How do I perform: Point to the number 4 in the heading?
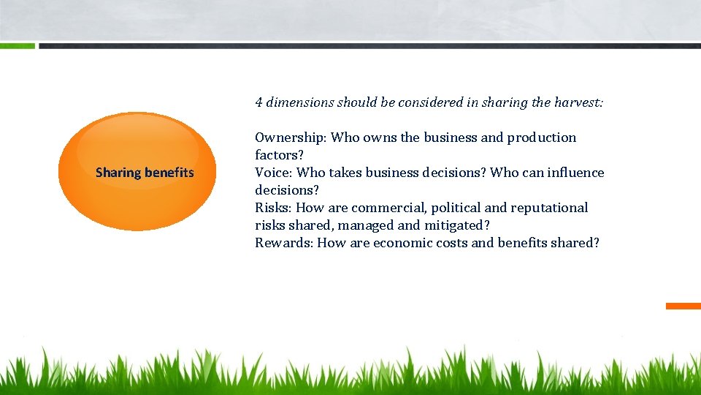click(x=259, y=103)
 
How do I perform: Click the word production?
click(x=541, y=138)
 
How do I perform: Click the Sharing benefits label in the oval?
click(x=145, y=173)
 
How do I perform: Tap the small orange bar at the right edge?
click(x=683, y=306)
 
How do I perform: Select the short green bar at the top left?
click(x=17, y=45)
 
